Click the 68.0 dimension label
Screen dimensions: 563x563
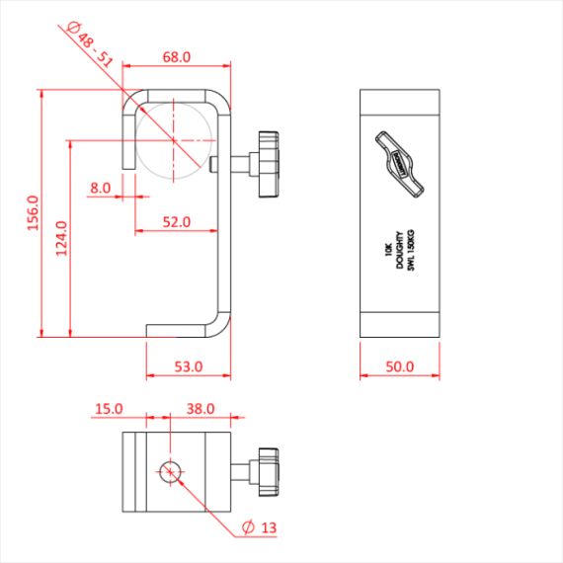(x=177, y=58)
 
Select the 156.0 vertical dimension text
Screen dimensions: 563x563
(x=31, y=213)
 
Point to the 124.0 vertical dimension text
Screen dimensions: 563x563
(x=61, y=238)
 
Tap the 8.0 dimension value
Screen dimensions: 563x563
(x=100, y=187)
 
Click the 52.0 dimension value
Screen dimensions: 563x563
(x=177, y=222)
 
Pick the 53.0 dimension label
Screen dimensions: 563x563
(x=188, y=366)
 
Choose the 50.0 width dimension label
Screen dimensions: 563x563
(x=399, y=366)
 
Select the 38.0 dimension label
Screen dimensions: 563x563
(x=201, y=408)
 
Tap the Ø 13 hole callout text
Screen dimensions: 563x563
(x=259, y=528)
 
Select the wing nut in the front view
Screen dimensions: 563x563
(x=399, y=163)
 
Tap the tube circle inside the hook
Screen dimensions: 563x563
(x=174, y=137)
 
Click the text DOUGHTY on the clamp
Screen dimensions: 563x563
(x=399, y=252)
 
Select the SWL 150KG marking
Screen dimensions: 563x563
(x=409, y=252)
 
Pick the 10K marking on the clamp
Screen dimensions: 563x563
(x=388, y=252)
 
